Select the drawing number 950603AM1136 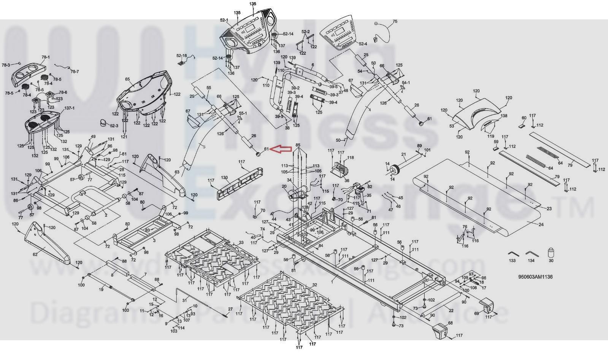click(x=535, y=277)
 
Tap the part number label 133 click(x=512, y=261)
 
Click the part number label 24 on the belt click(x=541, y=225)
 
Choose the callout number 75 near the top click(x=395, y=22)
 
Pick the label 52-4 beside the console click(x=363, y=44)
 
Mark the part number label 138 click(x=504, y=116)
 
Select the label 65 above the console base click(x=127, y=79)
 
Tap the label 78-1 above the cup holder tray click(x=46, y=57)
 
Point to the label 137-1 click(x=69, y=108)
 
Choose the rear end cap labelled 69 click(x=486, y=304)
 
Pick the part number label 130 click(x=224, y=178)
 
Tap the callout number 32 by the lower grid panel click(x=314, y=285)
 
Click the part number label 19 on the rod click(x=101, y=290)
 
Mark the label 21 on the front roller click(x=404, y=155)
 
